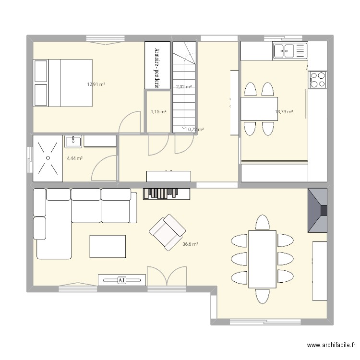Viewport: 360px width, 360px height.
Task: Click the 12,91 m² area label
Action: (96, 84)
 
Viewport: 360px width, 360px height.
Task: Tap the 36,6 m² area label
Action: (190, 244)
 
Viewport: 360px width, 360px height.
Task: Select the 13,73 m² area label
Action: (284, 112)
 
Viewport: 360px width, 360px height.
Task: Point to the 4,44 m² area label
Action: (74, 158)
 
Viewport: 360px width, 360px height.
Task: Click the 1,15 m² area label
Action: (158, 112)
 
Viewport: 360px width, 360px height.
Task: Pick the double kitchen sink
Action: (290, 50)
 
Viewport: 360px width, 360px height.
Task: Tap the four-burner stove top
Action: (317, 80)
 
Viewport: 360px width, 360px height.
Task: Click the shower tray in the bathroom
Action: (48, 158)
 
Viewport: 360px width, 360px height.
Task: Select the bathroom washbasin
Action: (73, 141)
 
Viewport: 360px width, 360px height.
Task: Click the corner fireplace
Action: (317, 210)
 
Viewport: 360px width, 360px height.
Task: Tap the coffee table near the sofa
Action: (108, 246)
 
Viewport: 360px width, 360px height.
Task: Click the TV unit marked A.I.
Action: (122, 280)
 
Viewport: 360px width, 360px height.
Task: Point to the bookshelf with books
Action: (166, 193)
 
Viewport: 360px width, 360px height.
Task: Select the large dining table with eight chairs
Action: (262, 259)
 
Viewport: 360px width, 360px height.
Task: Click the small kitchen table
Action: (259, 109)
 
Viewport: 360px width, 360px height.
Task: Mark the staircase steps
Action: (184, 96)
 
